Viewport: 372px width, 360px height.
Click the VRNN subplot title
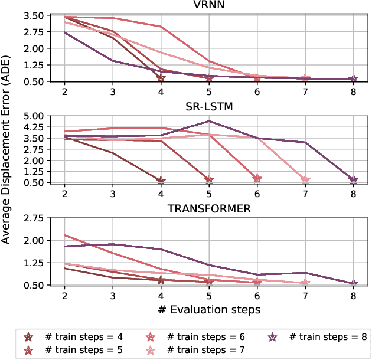[208, 6]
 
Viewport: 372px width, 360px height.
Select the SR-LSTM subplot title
[208, 107]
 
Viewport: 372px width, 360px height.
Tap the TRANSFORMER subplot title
[208, 208]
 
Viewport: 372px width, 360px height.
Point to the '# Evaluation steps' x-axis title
[208, 308]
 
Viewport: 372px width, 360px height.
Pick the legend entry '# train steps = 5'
[83, 350]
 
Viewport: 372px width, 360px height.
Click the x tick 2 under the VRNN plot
[64, 91]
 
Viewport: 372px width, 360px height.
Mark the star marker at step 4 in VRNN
[161, 78]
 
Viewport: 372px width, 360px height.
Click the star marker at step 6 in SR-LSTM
[257, 179]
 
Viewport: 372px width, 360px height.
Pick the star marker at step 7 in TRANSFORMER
[305, 282]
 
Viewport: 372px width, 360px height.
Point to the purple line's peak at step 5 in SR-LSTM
[208, 121]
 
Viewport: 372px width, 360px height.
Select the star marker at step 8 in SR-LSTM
[353, 179]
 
